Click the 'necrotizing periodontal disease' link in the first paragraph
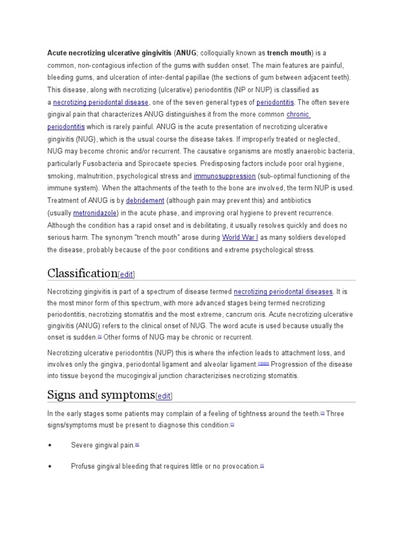[101, 102]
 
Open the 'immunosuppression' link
[225, 176]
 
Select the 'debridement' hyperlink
[145, 201]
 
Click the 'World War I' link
[240, 238]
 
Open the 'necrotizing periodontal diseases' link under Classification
[283, 291]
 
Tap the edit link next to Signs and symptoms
[164, 396]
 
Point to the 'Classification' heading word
[82, 273]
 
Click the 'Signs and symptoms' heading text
[101, 395]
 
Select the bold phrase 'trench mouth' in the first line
[289, 53]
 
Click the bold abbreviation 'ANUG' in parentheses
[186, 53]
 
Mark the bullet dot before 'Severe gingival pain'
[50, 445]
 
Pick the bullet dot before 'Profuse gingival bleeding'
[50, 466]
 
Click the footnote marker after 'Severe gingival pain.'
[137, 444]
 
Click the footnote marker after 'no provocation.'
[262, 465]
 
